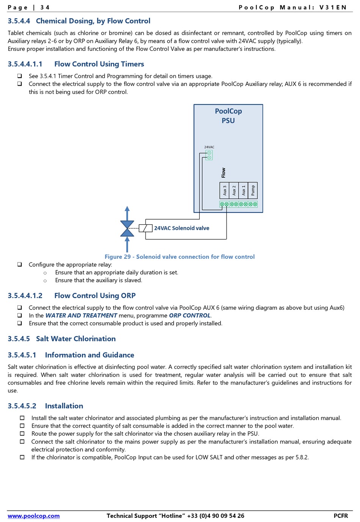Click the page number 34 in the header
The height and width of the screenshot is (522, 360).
click(x=45, y=7)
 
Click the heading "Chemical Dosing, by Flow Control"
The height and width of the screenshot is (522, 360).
click(x=93, y=21)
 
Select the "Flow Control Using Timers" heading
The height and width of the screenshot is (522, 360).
click(x=99, y=64)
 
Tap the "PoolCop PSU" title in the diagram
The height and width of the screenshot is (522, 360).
click(x=228, y=116)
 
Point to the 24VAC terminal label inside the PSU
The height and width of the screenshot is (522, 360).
click(x=209, y=147)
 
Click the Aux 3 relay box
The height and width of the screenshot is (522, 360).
click(x=224, y=191)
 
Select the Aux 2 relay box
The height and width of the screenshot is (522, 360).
click(x=234, y=191)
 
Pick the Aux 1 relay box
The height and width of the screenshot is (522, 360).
click(x=243, y=191)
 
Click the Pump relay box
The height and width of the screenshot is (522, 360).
click(x=253, y=191)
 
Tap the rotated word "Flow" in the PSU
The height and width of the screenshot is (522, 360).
click(x=224, y=173)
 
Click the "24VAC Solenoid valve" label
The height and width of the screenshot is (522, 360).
click(x=182, y=228)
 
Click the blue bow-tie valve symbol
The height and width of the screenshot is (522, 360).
click(x=127, y=228)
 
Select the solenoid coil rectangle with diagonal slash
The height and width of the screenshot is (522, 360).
click(x=146, y=228)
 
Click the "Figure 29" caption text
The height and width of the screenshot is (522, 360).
click(x=180, y=257)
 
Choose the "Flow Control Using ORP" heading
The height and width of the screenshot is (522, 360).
click(x=95, y=295)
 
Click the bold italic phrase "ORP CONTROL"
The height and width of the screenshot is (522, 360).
click(x=189, y=316)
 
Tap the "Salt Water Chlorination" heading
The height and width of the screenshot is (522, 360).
click(x=76, y=339)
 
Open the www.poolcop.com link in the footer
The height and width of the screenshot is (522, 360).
click(x=34, y=516)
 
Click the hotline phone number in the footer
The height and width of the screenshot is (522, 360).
click(x=216, y=516)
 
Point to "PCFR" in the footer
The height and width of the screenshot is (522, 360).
click(x=341, y=516)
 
